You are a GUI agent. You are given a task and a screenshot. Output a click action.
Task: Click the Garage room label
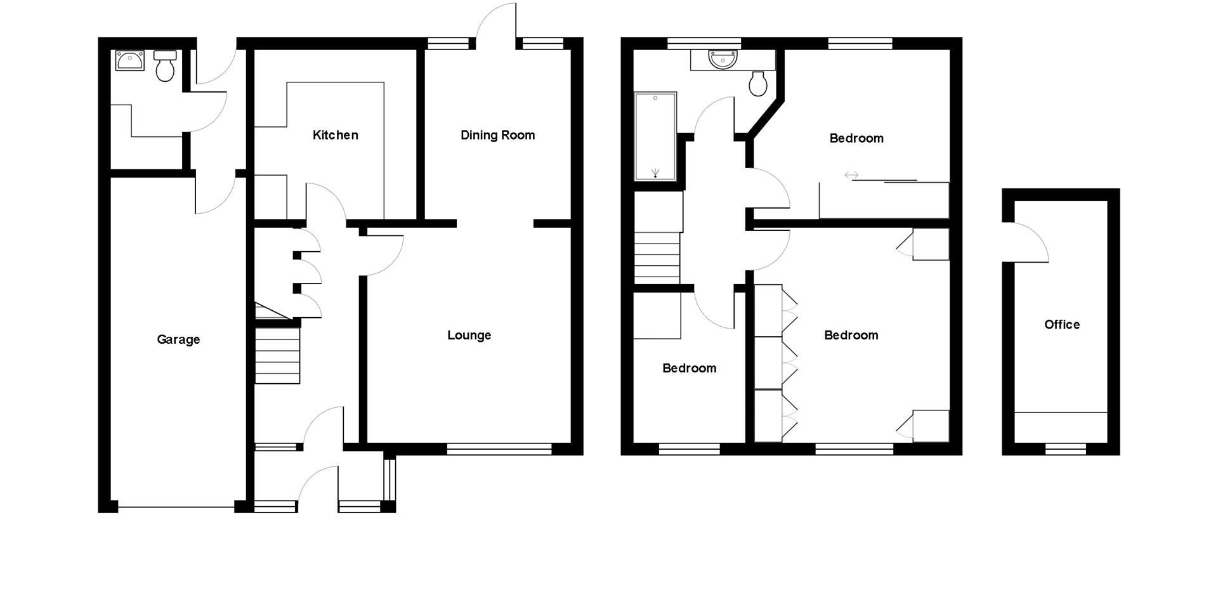click(178, 339)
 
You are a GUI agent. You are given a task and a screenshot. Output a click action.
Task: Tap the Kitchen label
click(335, 135)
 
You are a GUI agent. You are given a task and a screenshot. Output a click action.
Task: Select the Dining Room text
click(497, 135)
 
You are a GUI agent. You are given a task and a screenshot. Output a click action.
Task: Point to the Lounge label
click(469, 335)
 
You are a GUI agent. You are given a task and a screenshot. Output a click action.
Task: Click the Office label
click(1061, 325)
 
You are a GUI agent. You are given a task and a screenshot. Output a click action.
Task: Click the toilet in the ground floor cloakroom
click(165, 67)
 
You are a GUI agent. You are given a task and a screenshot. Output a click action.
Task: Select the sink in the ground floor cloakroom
click(130, 61)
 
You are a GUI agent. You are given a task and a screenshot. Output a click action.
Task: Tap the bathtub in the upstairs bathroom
click(655, 136)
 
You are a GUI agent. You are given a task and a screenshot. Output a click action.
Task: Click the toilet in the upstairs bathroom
click(758, 83)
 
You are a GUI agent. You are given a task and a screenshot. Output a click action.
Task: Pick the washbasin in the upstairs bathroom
click(723, 60)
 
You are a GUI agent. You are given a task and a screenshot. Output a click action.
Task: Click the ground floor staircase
click(277, 355)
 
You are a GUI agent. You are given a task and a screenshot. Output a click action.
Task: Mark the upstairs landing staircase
click(657, 257)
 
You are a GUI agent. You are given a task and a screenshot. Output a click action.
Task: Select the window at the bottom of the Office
click(1066, 449)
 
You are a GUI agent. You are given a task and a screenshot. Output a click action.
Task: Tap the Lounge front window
click(499, 449)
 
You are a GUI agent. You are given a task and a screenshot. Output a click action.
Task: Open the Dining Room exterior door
click(496, 25)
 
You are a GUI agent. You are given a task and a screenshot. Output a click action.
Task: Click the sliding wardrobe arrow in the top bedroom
click(851, 175)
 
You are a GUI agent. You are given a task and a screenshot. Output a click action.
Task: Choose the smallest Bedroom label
click(689, 369)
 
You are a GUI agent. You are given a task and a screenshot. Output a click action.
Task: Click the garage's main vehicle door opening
click(176, 507)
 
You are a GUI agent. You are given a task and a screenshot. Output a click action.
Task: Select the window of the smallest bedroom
click(689, 449)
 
